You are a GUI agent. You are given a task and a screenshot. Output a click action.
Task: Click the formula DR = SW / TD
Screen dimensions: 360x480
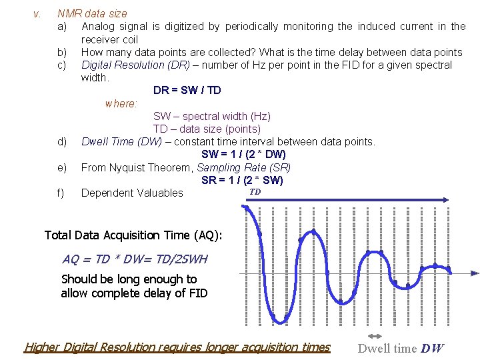(187, 90)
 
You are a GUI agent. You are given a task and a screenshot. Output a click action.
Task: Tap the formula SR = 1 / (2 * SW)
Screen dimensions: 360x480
(242, 180)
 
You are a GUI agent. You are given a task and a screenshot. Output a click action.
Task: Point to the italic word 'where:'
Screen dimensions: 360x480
(121, 103)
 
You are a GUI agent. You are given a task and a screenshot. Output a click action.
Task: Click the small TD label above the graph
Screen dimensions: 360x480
(255, 192)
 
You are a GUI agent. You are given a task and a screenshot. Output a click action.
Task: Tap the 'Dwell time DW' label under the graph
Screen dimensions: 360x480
(400, 348)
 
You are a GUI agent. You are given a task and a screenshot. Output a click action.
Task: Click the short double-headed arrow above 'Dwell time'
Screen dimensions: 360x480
(375, 335)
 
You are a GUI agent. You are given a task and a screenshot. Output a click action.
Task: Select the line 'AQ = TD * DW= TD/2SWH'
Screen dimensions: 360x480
(135, 259)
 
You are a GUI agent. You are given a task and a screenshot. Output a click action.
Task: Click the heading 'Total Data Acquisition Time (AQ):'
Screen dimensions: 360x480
(133, 235)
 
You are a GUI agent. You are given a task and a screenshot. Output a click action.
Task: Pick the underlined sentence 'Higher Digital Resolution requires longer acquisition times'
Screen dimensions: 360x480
(177, 347)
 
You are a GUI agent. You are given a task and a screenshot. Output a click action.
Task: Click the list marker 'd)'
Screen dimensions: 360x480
(62, 141)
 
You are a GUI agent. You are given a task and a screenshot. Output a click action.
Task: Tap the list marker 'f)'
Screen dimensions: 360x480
(61, 193)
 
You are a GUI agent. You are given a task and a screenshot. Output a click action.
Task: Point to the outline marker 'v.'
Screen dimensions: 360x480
(37, 13)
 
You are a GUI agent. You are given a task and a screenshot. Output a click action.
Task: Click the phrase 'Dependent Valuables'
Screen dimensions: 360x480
(132, 193)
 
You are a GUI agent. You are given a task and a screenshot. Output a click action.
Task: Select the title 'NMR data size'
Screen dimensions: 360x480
(92, 13)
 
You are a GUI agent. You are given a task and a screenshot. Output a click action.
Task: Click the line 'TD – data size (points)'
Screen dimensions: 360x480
(207, 129)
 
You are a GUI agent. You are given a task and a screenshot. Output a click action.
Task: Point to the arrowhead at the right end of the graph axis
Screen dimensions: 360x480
(475, 273)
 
